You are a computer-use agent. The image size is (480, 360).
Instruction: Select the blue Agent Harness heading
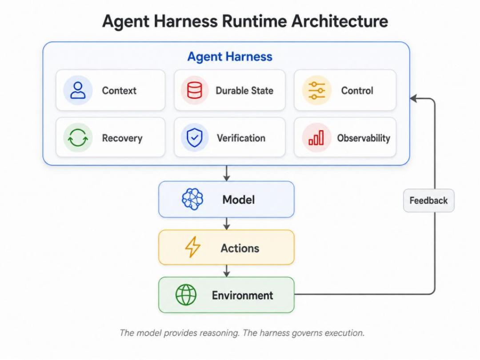click(x=230, y=56)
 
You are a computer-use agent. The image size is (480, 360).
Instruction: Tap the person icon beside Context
click(x=78, y=90)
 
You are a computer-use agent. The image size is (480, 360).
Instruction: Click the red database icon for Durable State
click(x=194, y=90)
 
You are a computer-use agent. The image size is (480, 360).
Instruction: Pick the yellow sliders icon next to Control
click(x=317, y=91)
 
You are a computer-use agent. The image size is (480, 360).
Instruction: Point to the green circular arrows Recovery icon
click(x=78, y=138)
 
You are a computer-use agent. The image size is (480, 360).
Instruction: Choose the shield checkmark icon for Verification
click(x=194, y=138)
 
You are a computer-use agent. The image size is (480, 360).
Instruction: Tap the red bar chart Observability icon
click(x=316, y=138)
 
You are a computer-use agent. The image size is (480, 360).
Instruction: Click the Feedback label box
click(x=428, y=200)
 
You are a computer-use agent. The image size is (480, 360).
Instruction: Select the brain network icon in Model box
click(x=192, y=199)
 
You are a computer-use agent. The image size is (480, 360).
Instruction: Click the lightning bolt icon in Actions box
click(x=192, y=247)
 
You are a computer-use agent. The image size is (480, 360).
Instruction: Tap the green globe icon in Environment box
click(x=186, y=295)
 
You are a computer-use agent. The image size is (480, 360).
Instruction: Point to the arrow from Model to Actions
click(x=227, y=224)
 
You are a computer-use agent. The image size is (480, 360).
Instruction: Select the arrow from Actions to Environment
click(x=227, y=271)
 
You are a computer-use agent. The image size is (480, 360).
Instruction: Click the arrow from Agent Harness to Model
click(x=227, y=173)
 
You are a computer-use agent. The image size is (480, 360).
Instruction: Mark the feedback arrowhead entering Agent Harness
click(x=413, y=98)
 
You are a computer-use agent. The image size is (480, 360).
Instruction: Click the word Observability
click(x=364, y=138)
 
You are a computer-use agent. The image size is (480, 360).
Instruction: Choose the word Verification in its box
click(x=241, y=138)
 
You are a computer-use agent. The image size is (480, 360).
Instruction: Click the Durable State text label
click(x=244, y=91)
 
